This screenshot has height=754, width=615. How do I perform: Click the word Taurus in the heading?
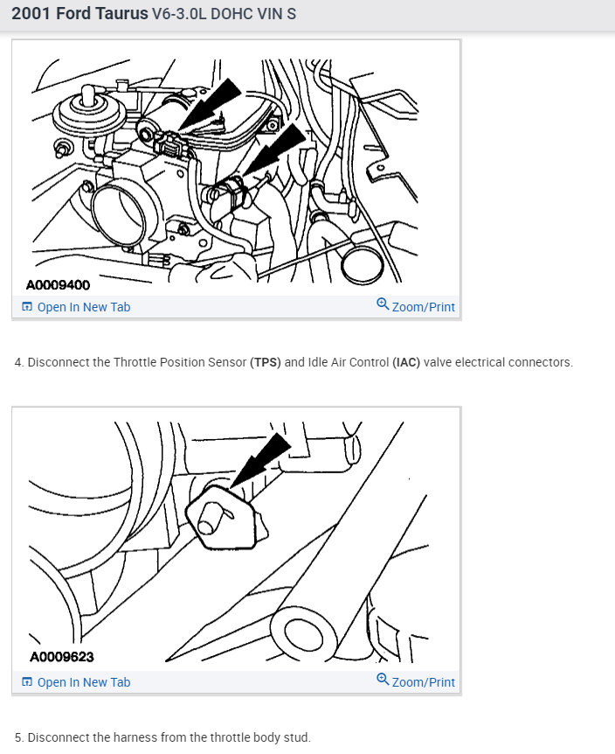(x=121, y=13)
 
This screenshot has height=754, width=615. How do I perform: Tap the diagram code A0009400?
(x=58, y=285)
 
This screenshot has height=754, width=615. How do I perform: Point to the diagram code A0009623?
(x=62, y=657)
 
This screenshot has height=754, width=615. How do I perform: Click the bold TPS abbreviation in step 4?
(x=266, y=362)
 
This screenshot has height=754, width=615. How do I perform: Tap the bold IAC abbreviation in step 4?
(x=406, y=362)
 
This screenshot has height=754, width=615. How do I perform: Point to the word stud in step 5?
(x=299, y=737)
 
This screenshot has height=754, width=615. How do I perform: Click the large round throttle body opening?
(x=118, y=216)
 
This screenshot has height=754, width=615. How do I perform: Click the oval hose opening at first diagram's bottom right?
(x=363, y=264)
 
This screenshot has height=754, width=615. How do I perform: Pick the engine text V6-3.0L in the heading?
(x=178, y=13)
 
